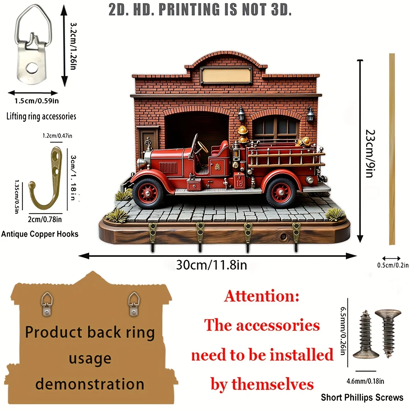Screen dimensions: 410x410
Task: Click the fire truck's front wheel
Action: [x=148, y=193]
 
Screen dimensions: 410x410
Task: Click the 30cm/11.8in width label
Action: [x=211, y=265]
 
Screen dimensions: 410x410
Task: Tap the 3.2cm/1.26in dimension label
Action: [x=73, y=46]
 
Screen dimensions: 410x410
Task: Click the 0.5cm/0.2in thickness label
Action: [x=393, y=265]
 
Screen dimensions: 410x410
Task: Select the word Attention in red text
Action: [x=262, y=296]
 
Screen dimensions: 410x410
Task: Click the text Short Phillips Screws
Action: [x=362, y=398]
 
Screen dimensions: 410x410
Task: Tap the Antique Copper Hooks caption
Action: [x=40, y=234]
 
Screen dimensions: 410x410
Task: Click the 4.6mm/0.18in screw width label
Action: [x=365, y=381]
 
